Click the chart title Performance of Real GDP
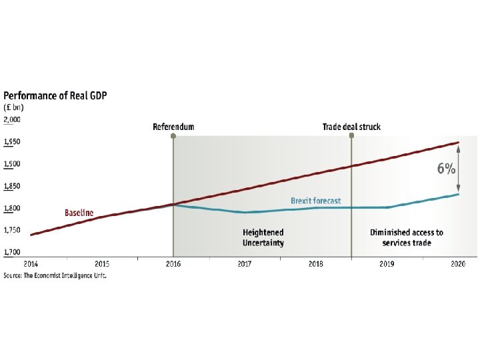55,95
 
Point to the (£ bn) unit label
13,107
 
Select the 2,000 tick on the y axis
12,119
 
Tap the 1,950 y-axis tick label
12,142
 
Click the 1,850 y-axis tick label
12,186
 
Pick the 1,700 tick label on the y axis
12,252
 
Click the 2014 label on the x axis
31,264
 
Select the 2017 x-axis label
245,264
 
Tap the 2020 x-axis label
458,264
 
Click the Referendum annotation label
173,127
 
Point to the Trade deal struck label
351,127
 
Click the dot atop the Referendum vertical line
173,135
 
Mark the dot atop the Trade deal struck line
351,135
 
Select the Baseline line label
79,213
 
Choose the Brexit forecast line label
315,201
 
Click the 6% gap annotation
446,169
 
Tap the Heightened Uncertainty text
263,237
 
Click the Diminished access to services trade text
407,237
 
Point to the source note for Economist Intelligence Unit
55,275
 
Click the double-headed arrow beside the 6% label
458,169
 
